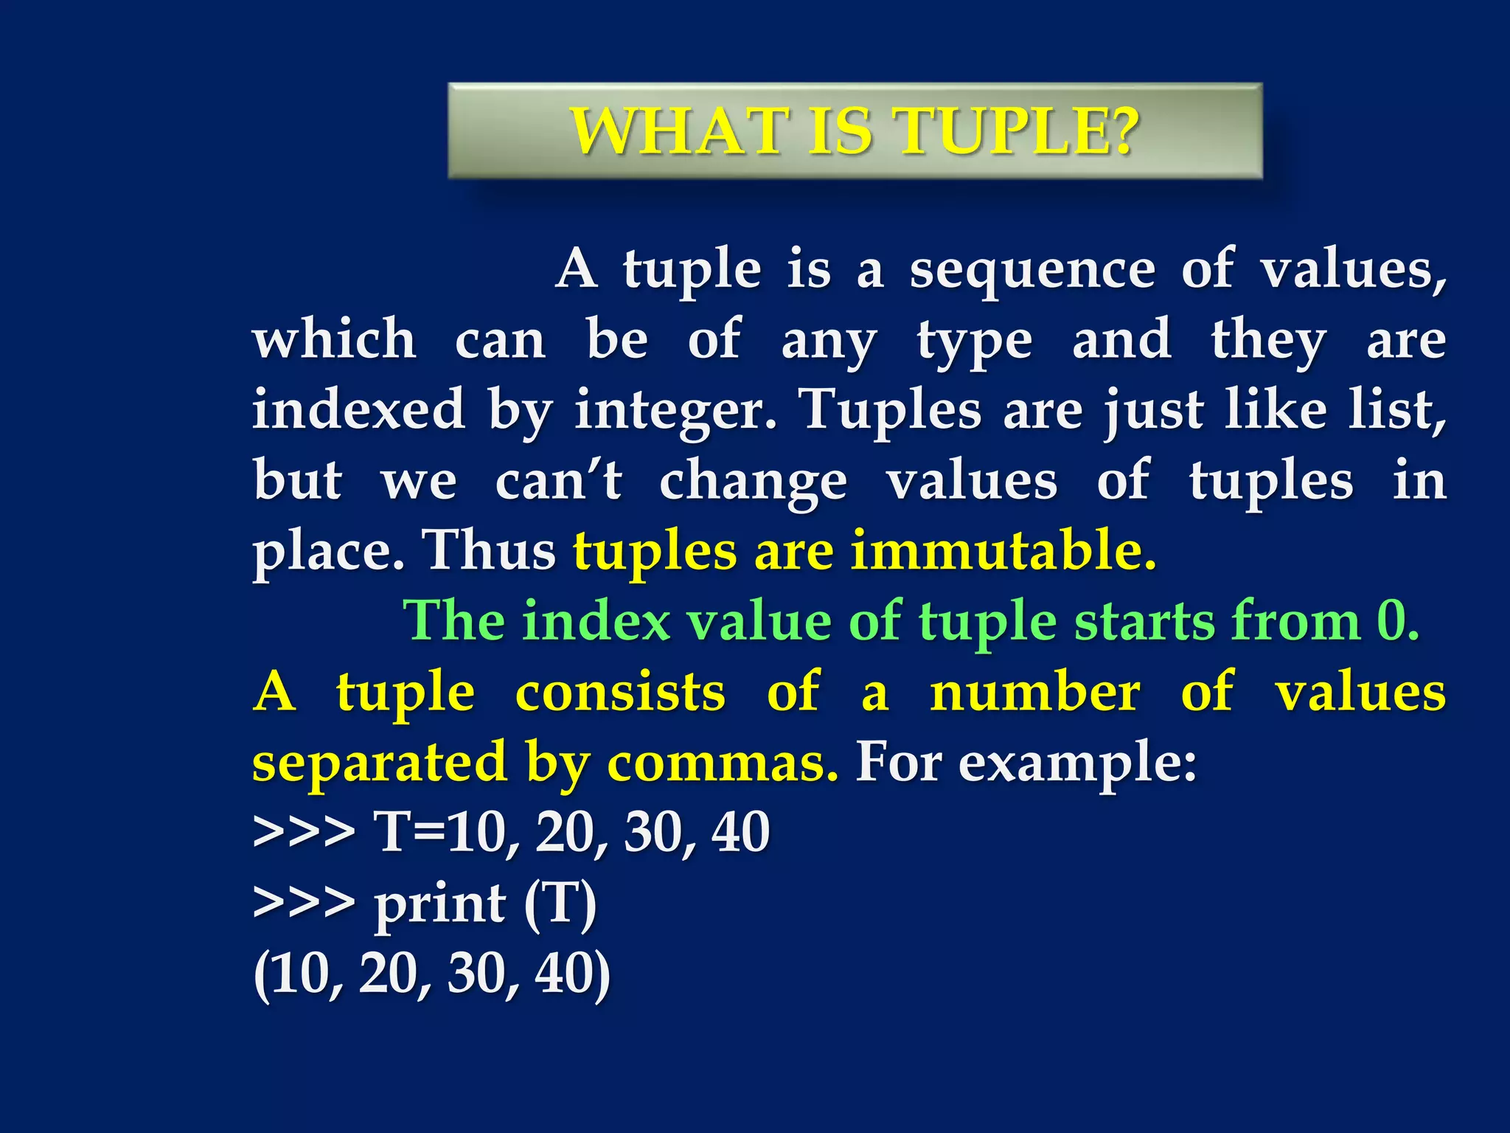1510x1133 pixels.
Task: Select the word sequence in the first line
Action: pos(1032,270)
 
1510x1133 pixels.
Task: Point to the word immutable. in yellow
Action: pos(1003,550)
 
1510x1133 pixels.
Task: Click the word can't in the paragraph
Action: pos(558,481)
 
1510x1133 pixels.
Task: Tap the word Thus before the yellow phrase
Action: pos(488,550)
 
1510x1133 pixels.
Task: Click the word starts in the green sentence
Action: pos(1144,621)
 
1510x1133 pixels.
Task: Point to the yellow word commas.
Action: pos(723,763)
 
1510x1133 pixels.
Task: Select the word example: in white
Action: pos(1077,763)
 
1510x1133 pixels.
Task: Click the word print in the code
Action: pos(440,904)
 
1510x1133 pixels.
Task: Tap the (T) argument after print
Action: pos(560,903)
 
